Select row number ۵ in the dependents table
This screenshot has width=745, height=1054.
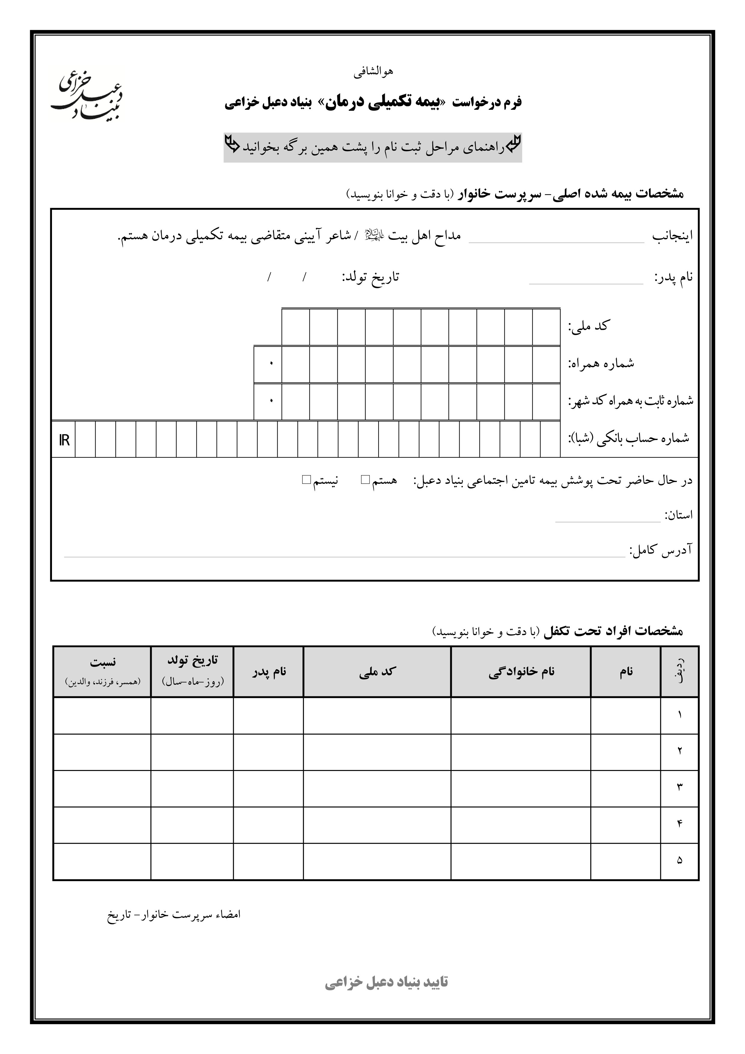pyautogui.click(x=680, y=860)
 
